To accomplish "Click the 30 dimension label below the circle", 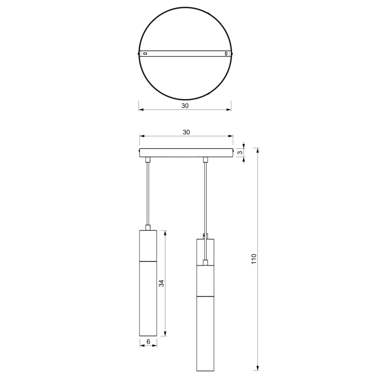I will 185,106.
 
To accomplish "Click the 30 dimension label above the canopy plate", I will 186,132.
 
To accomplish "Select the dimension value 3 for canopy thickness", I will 240,153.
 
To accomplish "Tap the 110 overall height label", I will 254,259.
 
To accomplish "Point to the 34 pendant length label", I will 161,283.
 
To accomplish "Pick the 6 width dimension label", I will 148,342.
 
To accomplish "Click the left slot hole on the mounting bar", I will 145,54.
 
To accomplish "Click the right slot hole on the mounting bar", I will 225,54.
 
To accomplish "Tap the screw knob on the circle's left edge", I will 138,54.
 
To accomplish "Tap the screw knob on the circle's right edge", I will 232,54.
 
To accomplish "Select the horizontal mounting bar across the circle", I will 185,54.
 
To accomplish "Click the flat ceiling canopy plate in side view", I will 186,153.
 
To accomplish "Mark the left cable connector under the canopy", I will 147,160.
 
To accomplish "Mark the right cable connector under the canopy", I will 206,160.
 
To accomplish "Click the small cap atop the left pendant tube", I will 147,227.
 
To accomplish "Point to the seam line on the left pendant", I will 147,260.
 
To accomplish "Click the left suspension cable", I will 147,193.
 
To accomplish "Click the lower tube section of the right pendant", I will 205,334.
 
